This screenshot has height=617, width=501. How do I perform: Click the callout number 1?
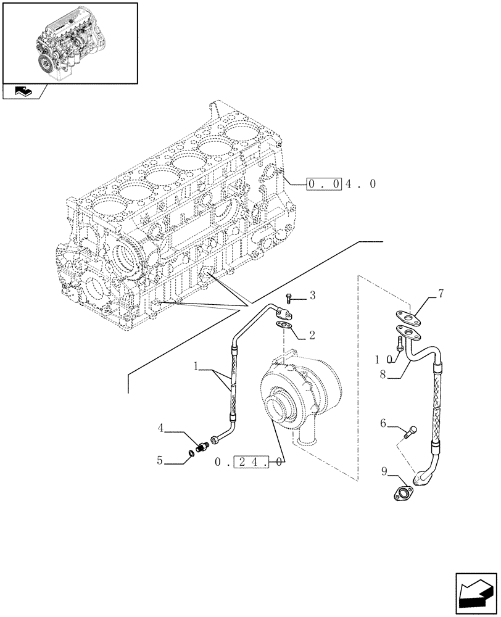pyautogui.click(x=196, y=366)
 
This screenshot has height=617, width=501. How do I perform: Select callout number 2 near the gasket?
pyautogui.click(x=312, y=336)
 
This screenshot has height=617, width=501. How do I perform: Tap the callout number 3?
pyautogui.click(x=312, y=297)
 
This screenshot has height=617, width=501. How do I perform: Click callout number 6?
pyautogui.click(x=383, y=423)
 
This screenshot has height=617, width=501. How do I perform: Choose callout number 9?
pyautogui.click(x=384, y=473)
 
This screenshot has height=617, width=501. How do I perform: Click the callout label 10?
pyautogui.click(x=382, y=358)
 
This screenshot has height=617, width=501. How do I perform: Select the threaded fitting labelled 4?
pyautogui.click(x=202, y=445)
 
